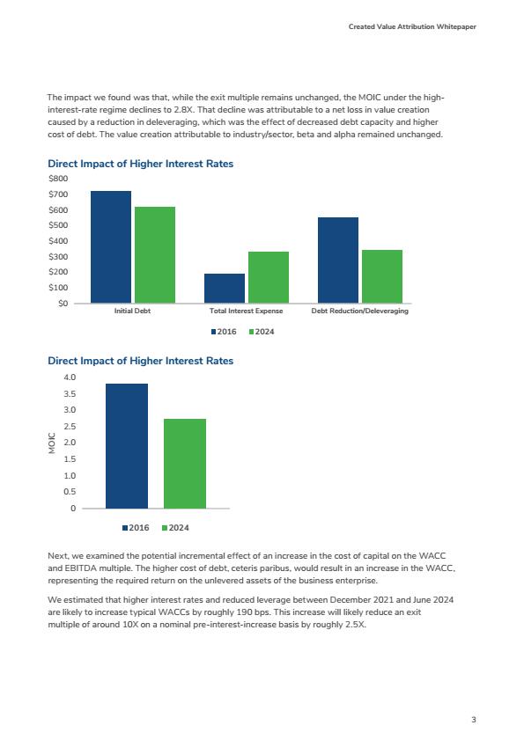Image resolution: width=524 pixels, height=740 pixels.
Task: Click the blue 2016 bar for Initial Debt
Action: pos(111,247)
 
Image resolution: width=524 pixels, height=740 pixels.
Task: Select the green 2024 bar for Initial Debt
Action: pos(155,255)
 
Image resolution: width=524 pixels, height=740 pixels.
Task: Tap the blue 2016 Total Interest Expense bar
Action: pos(225,289)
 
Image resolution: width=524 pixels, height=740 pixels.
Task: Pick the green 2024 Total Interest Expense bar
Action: pos(269,277)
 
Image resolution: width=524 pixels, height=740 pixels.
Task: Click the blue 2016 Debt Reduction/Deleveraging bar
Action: pos(338,260)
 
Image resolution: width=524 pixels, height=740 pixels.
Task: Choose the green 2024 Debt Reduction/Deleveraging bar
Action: pos(382,276)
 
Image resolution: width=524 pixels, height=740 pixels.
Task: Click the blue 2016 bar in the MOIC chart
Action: pos(127,446)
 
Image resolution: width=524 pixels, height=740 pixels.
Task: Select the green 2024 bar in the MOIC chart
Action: pos(185,464)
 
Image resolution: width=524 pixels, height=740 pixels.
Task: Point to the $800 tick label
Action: pos(58,179)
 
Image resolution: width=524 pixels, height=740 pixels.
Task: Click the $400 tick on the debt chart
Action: pos(58,241)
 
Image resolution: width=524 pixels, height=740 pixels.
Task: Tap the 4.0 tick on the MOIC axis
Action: pos(70,377)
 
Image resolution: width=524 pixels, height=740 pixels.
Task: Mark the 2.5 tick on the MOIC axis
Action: pos(70,426)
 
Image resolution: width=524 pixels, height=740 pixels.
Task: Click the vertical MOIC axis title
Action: pos(52,443)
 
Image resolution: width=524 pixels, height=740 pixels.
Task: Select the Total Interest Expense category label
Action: pos(247,311)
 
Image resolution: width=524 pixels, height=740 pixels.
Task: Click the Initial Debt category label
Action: pos(132,311)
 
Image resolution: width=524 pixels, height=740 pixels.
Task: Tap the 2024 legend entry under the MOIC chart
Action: pos(175,528)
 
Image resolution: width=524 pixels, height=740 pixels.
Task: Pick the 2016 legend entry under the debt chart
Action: pos(224,332)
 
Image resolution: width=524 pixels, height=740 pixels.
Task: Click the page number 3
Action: pos(474,720)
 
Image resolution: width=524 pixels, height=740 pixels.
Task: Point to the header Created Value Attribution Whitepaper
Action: pos(412,26)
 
